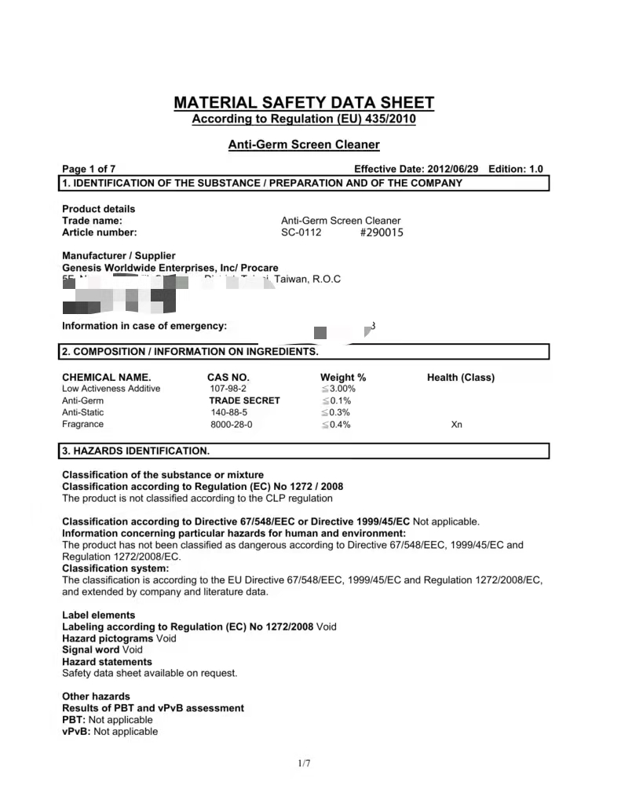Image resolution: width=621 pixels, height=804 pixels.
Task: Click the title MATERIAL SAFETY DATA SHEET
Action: click(303, 103)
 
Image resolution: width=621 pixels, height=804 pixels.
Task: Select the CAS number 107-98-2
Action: click(228, 389)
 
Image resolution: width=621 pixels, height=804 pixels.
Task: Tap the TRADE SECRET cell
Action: click(244, 400)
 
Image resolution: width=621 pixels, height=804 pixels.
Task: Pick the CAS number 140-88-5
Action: click(228, 412)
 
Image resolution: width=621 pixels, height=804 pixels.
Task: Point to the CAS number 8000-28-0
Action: click(231, 424)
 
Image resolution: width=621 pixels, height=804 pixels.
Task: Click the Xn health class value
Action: click(457, 424)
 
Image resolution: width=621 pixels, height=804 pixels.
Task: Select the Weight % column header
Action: click(343, 377)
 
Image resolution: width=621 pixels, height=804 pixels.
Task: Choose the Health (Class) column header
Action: click(461, 377)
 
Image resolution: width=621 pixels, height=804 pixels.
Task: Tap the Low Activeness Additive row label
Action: click(111, 389)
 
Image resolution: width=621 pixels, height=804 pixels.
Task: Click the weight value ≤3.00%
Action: click(338, 389)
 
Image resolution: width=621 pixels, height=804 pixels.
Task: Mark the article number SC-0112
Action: click(301, 232)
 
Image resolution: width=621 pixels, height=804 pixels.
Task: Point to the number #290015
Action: click(382, 232)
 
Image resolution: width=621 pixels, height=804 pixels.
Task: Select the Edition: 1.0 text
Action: click(515, 169)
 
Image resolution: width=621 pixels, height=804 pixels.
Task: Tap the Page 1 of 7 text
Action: click(89, 169)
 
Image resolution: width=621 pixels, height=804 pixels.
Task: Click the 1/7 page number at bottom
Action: click(305, 763)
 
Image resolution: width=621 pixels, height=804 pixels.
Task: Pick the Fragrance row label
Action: click(82, 424)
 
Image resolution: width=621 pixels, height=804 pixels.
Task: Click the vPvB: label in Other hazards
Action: click(76, 731)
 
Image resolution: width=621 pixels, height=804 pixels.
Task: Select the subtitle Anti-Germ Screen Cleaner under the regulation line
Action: click(304, 144)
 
